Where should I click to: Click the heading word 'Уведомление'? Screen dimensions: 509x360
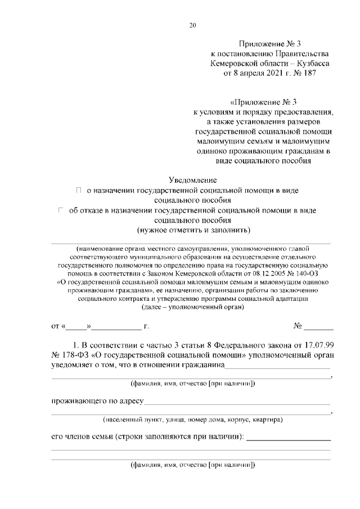[x=193, y=181]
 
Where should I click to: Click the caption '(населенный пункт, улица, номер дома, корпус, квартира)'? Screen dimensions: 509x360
[x=192, y=420]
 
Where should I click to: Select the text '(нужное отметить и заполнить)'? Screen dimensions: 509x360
[x=193, y=231]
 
